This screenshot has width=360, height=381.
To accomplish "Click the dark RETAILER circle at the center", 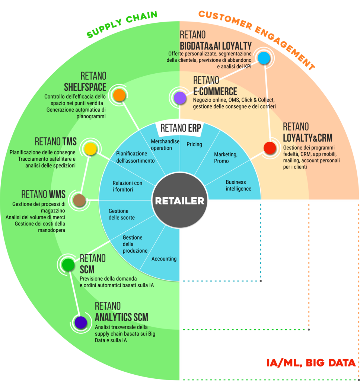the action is point(180,200).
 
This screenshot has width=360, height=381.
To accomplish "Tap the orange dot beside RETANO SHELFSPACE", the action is point(119,95).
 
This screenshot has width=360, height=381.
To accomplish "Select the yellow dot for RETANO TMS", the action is point(90,149).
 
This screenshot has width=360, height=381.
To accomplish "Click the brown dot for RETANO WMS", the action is point(79,200).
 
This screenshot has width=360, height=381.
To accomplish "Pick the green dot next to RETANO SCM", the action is point(68,265).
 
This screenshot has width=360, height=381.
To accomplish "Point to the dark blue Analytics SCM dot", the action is point(81,323).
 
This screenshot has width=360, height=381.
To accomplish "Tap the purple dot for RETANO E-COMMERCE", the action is point(180,98).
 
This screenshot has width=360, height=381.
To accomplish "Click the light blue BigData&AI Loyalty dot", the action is point(264,58).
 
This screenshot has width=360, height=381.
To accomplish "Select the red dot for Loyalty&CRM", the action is point(270,148).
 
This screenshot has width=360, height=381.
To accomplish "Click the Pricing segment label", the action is point(194,144).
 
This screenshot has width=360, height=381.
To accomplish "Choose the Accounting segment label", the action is point(164,259).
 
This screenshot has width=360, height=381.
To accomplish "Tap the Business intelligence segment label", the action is point(239,185).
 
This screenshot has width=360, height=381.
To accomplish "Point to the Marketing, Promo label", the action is point(226,158).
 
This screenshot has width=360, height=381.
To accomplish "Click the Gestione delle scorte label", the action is point(121,214).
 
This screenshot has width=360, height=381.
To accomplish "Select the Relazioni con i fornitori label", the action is point(127,186).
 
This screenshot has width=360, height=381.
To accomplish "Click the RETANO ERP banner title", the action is point(181,128).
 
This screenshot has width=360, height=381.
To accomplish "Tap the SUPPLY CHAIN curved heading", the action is point(122,24).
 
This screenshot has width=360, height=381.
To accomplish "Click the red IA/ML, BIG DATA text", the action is point(311,363).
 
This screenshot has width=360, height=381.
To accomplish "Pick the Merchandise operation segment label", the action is point(165,145).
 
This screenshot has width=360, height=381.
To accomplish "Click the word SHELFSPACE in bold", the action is point(85,87).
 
